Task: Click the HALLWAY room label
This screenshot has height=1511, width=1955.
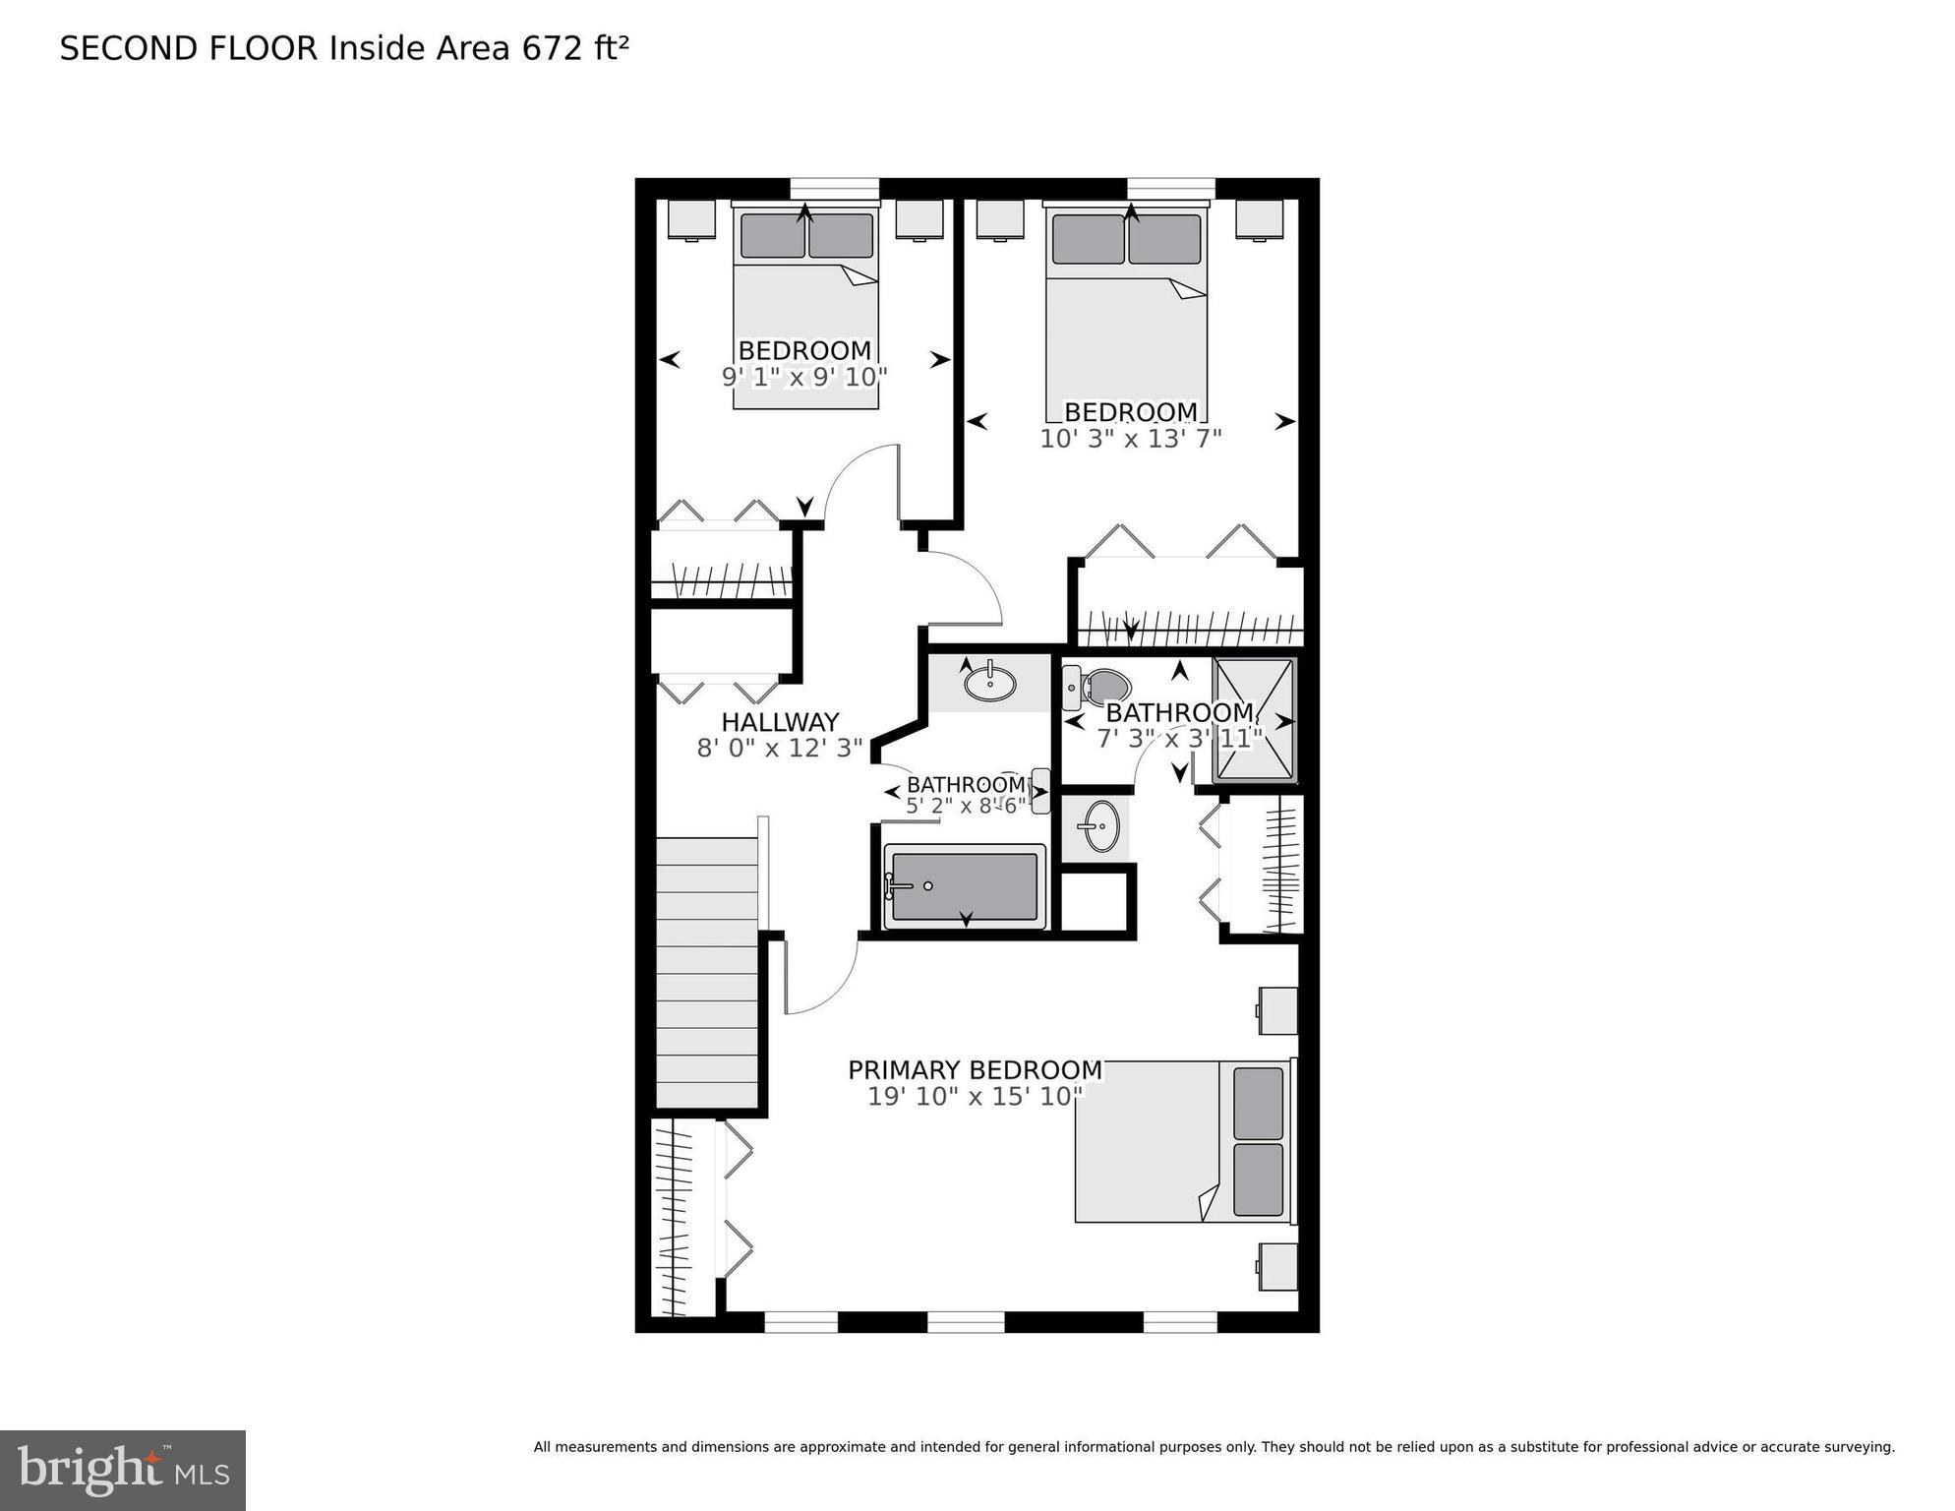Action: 780,722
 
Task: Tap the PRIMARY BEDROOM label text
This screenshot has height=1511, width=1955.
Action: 975,1069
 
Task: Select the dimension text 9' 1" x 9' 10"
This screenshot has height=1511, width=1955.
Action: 804,377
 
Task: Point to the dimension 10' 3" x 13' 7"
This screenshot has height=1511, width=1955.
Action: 1130,439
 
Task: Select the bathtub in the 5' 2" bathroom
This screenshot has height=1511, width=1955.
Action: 965,886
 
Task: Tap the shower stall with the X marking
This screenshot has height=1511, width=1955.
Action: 1255,720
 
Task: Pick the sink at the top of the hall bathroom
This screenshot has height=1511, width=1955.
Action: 989,683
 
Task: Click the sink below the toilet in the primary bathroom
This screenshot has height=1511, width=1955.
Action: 1099,825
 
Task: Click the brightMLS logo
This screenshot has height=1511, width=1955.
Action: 123,1470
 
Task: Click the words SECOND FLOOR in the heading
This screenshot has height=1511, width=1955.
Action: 189,48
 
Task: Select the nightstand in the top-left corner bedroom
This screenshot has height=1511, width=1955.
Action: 691,218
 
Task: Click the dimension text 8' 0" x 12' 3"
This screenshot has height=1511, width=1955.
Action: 780,749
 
